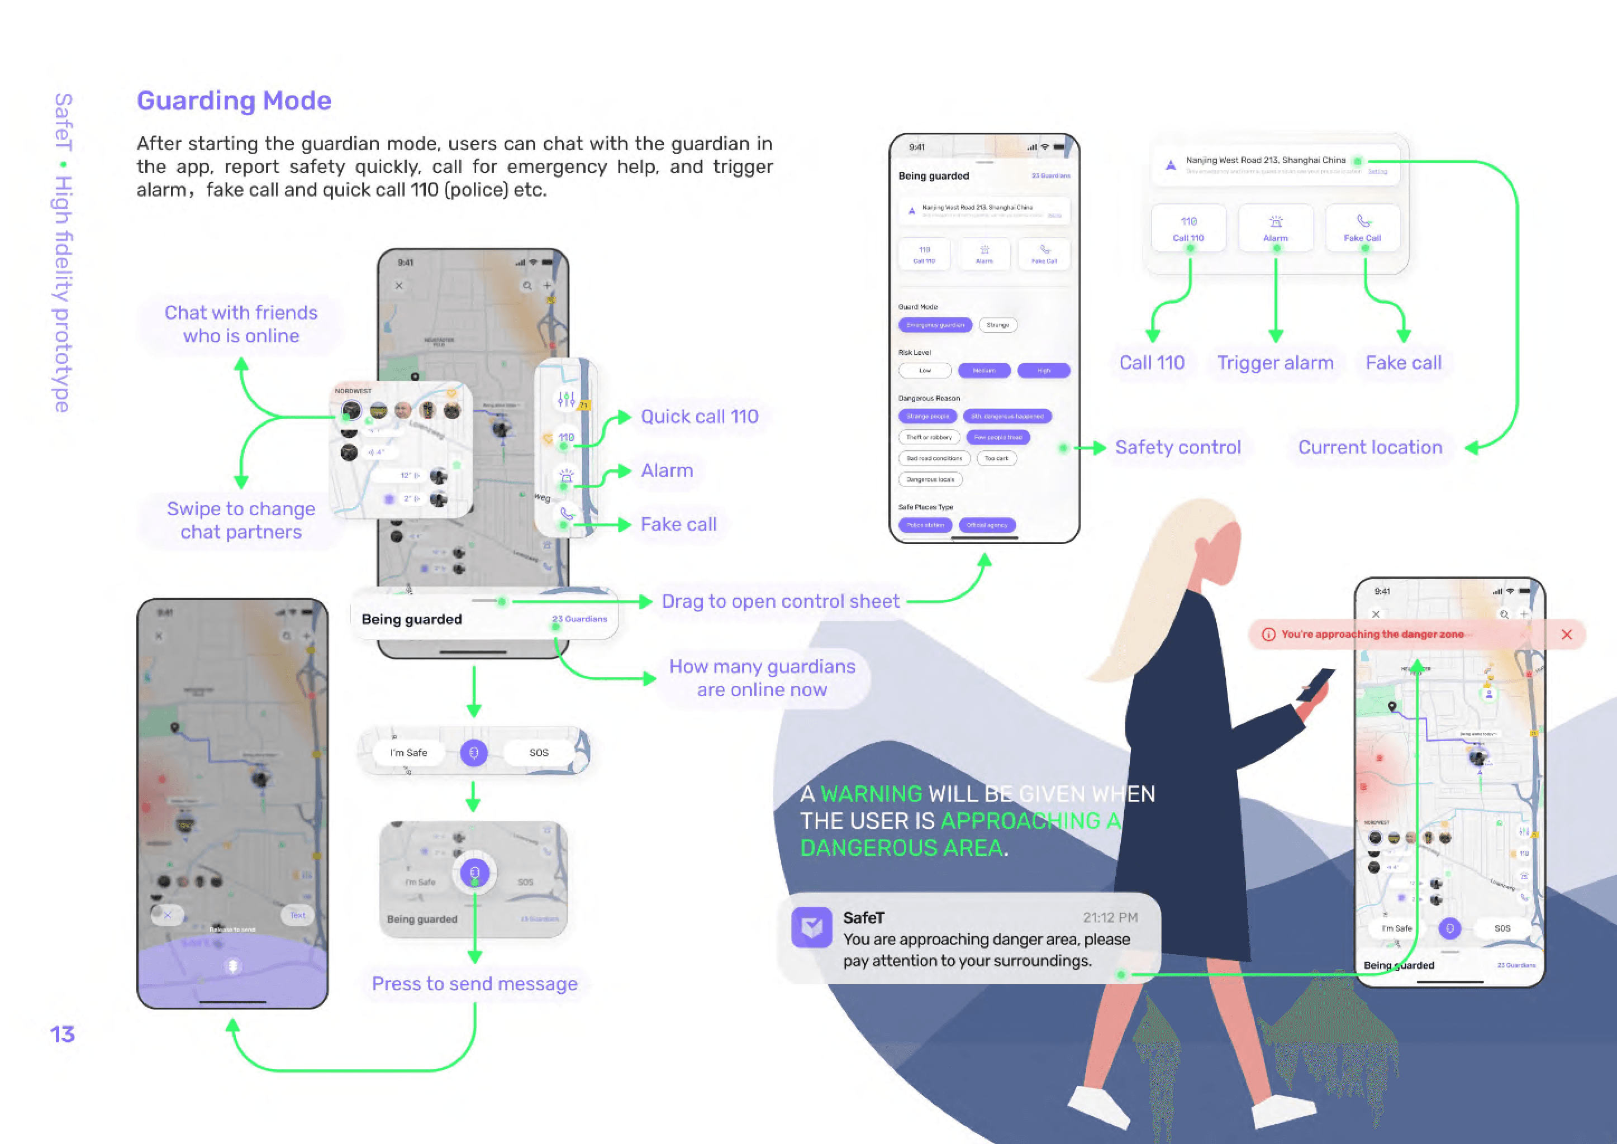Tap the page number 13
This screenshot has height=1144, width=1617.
tap(62, 1034)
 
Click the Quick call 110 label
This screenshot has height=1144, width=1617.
tap(699, 416)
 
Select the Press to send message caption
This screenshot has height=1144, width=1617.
tap(474, 983)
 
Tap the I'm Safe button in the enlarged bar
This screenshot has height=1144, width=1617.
tap(408, 752)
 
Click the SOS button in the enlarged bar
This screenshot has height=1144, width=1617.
tap(538, 752)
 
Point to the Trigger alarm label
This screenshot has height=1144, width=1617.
tap(1275, 363)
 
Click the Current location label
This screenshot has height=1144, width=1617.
tap(1369, 447)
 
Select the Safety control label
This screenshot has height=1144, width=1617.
tap(1177, 447)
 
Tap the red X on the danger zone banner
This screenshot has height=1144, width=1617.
tap(1566, 635)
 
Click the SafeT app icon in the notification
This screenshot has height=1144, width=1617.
tap(812, 927)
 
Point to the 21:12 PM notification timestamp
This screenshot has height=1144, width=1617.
tap(1110, 917)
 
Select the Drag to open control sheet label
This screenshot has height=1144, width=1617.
tap(780, 601)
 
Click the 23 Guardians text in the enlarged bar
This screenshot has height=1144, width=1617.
tap(579, 619)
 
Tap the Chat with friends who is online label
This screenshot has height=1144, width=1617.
tap(241, 324)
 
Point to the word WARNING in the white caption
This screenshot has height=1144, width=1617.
tap(871, 794)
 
